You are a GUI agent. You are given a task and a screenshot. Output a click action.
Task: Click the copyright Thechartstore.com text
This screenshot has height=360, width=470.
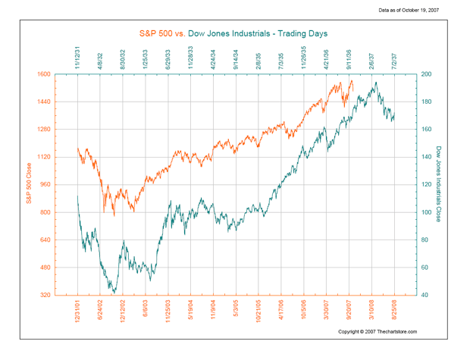[377, 331]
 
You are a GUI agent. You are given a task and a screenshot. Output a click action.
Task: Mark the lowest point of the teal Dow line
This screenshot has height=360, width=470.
[114, 293]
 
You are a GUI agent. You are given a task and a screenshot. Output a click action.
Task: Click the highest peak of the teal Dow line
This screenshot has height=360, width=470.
[375, 82]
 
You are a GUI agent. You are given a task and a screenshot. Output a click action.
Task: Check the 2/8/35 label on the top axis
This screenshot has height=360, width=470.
[259, 61]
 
